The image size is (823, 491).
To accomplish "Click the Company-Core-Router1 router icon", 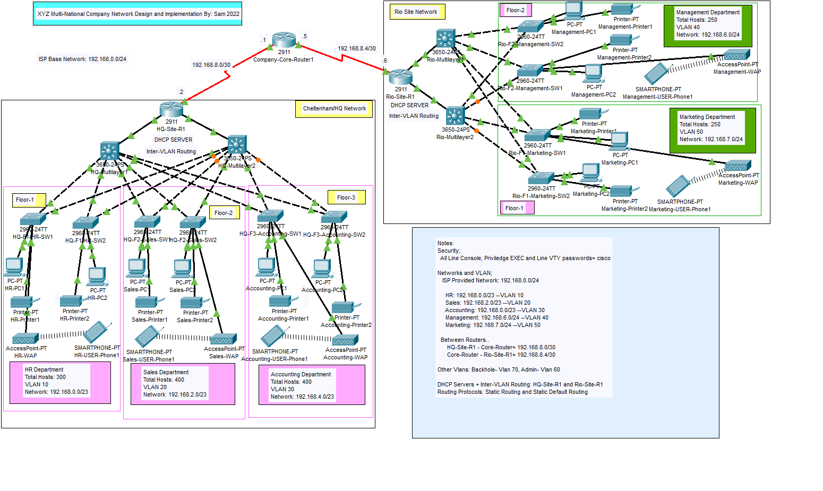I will [x=284, y=40].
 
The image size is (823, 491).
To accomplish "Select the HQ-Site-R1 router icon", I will [x=171, y=109].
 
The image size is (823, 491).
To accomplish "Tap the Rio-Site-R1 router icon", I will [x=400, y=77].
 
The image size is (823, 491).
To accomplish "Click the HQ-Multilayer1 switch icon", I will [x=109, y=151].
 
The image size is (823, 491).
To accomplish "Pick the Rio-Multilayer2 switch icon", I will [x=455, y=116].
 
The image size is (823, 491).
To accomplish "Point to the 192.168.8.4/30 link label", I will [x=357, y=48].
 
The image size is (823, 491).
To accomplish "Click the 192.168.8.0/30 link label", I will [x=211, y=65].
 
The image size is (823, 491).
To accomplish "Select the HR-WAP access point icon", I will [x=25, y=339].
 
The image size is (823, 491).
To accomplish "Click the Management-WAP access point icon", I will [x=736, y=55].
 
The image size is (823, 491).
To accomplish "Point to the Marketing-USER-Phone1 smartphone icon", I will [x=678, y=186].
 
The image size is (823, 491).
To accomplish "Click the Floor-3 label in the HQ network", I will [x=346, y=197].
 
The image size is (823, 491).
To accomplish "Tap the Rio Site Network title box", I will [x=416, y=12].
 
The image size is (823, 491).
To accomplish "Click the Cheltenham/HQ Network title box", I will [x=334, y=108].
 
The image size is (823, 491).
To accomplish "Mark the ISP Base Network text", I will [x=82, y=59].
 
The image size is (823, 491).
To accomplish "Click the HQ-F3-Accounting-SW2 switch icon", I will [x=334, y=217].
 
